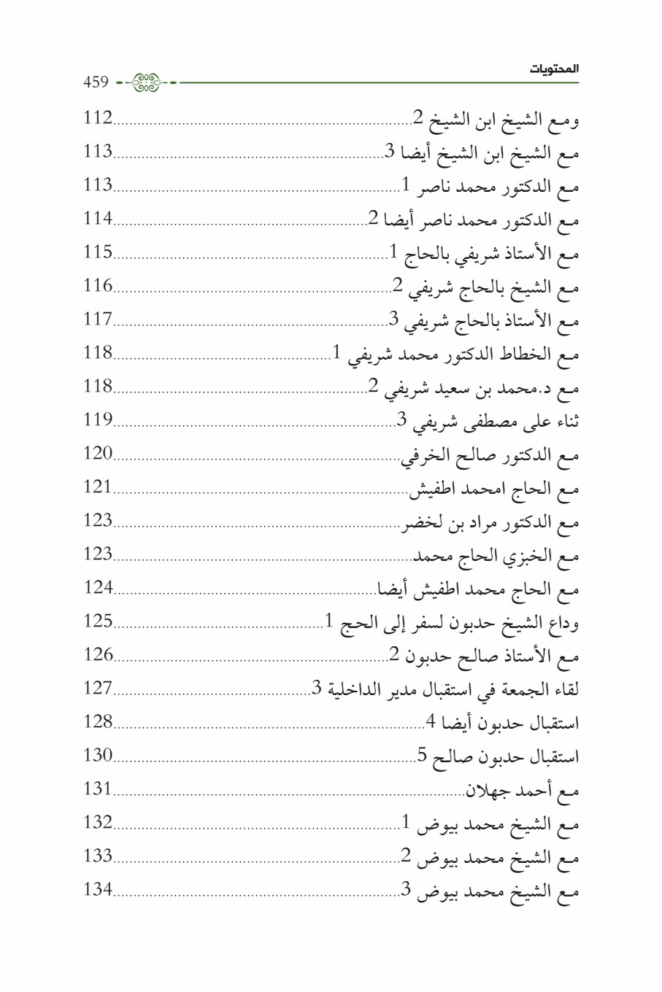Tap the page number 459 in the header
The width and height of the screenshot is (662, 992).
point(96,82)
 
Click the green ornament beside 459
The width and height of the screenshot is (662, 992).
point(147,82)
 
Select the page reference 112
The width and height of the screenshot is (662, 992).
point(98,117)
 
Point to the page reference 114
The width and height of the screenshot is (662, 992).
point(98,218)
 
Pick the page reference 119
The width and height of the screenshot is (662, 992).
point(98,419)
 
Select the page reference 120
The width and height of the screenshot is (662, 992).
point(98,453)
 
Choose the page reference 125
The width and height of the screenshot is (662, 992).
point(98,621)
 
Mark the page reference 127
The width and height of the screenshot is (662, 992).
point(98,688)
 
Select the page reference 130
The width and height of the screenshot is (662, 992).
point(98,755)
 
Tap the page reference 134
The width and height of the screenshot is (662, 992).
point(98,889)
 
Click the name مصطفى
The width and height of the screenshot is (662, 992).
point(475,422)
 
